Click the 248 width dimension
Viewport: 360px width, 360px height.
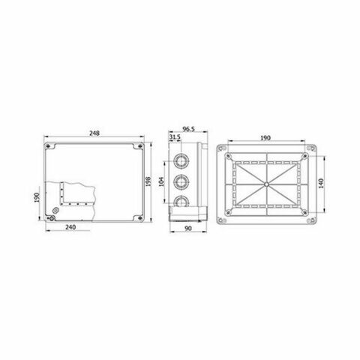tap(94, 133)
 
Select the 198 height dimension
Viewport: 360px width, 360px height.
tap(148, 181)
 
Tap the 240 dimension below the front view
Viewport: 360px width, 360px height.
tap(70, 227)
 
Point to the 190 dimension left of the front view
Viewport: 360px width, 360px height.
tap(37, 197)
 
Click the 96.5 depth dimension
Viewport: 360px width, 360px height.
tap(189, 129)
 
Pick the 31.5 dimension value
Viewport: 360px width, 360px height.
tap(175, 137)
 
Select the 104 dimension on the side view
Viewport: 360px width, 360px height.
tap(161, 181)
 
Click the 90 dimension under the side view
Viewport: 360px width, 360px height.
tap(188, 229)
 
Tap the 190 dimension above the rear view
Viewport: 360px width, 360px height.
tap(265, 138)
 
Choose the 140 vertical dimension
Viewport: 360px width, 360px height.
tap(321, 184)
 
